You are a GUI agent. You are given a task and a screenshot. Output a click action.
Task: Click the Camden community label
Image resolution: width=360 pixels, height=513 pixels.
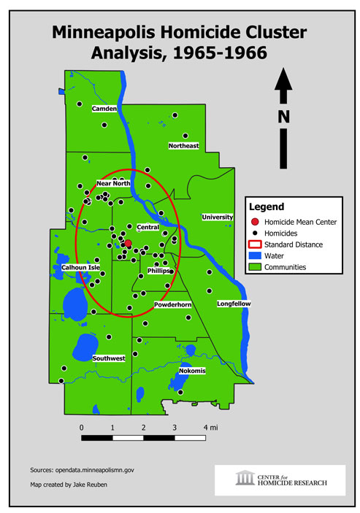pos(104,109)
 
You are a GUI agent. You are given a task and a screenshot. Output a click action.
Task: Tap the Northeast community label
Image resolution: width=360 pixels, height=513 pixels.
pos(184,146)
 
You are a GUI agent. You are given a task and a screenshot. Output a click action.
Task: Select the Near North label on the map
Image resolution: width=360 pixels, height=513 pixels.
pos(113,183)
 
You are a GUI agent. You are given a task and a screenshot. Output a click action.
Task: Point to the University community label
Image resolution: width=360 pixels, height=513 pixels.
pos(218,217)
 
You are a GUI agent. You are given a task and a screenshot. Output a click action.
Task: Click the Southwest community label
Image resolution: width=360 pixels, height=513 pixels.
pos(109,358)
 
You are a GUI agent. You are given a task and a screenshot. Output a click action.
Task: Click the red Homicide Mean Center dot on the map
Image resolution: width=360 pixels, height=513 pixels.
pos(128,244)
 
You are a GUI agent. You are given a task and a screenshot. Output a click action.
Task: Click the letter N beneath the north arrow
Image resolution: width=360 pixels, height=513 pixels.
pos(284,117)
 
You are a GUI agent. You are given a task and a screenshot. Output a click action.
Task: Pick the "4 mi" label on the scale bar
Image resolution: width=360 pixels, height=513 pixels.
pos(212,427)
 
